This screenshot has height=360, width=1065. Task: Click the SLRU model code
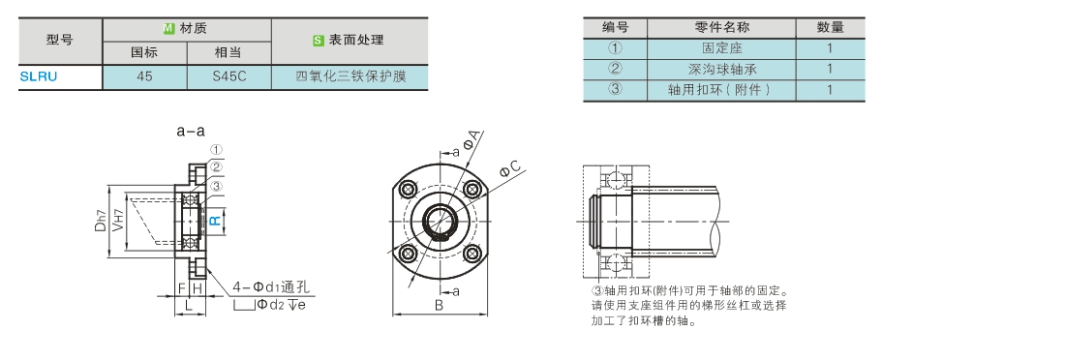click(38, 76)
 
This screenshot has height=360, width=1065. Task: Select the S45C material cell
click(228, 76)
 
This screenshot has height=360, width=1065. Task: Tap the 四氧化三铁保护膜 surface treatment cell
click(350, 76)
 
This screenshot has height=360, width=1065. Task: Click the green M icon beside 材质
click(169, 28)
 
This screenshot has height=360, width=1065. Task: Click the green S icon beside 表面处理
click(318, 40)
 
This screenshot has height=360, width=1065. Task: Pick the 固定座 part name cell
click(721, 48)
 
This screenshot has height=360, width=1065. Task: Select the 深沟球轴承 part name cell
click(721, 69)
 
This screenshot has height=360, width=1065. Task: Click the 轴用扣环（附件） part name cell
click(721, 90)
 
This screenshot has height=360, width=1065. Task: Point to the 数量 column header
click(830, 28)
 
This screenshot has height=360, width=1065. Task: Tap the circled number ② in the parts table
click(615, 69)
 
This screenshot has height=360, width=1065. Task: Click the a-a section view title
click(191, 132)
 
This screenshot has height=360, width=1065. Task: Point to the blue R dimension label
click(214, 220)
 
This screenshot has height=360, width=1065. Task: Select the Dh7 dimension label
click(101, 220)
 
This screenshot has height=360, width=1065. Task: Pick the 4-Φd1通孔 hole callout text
click(270, 287)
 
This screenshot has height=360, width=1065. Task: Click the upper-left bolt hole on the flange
click(409, 190)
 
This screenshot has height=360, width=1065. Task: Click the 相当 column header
click(228, 53)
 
